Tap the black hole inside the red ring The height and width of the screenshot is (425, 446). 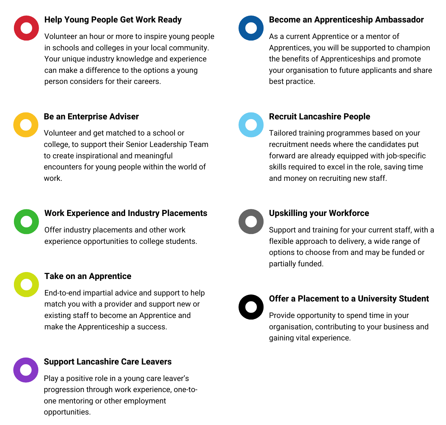[26, 28]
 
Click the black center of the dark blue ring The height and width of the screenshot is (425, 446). [251, 28]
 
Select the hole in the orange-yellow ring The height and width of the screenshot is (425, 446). [26, 125]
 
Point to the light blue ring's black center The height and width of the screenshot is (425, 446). [251, 125]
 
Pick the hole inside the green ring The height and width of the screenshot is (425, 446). [26, 222]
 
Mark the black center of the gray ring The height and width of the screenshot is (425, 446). [251, 222]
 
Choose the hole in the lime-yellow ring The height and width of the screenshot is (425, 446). [26, 284]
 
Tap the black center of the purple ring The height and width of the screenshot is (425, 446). [26, 370]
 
